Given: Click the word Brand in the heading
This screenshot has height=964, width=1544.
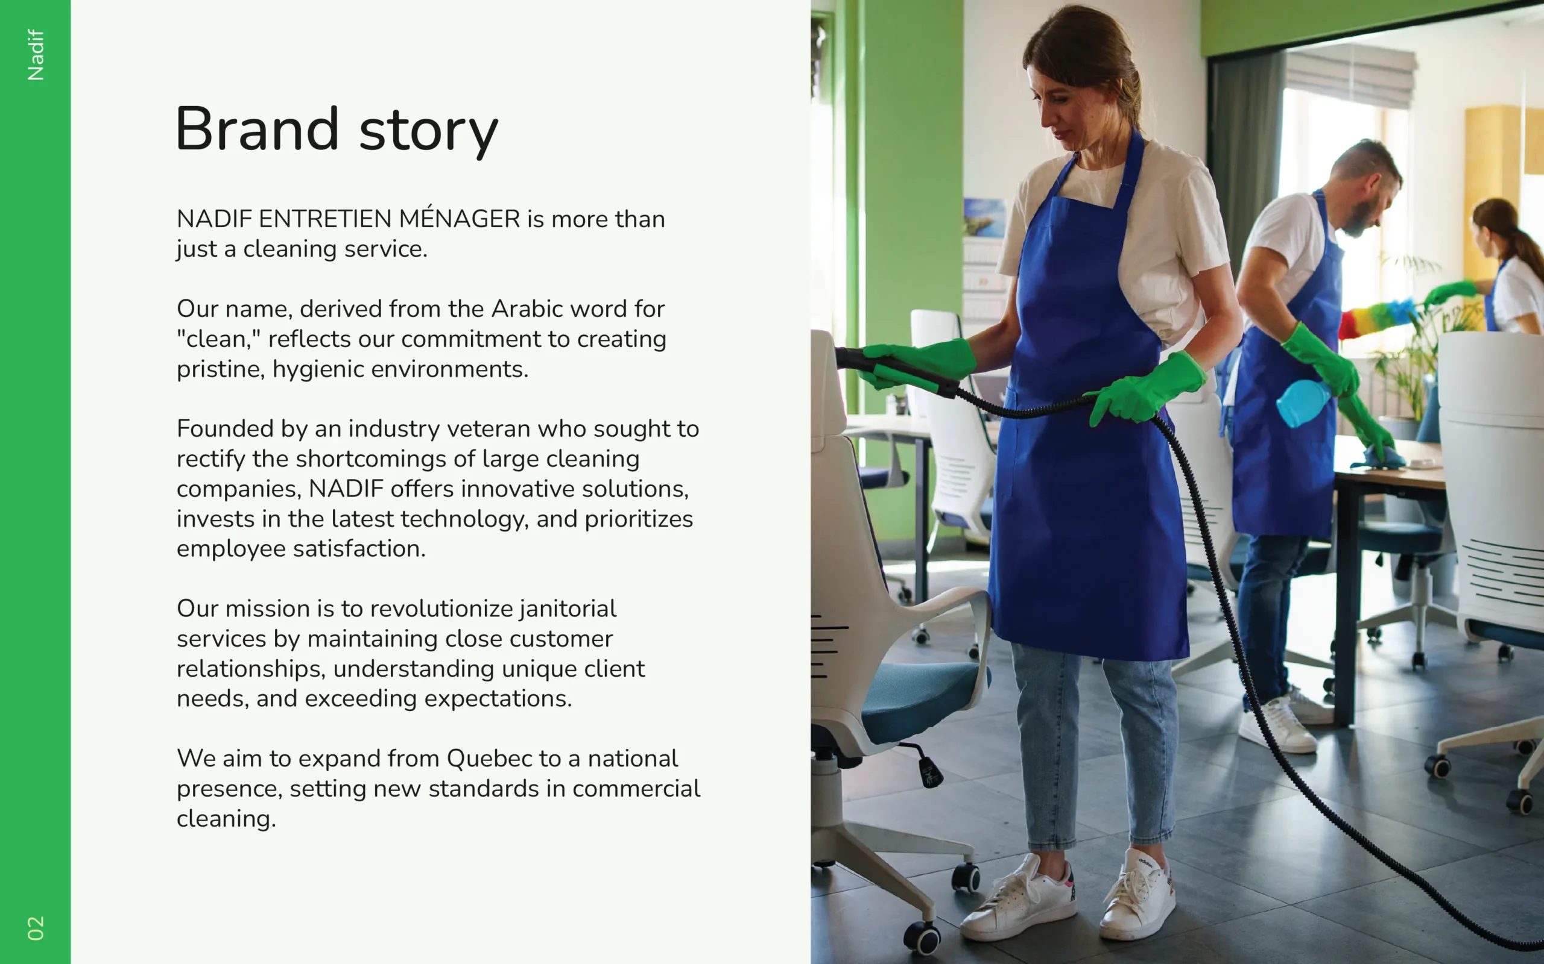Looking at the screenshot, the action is click(x=257, y=129).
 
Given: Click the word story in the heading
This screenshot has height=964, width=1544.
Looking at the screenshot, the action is click(x=428, y=133).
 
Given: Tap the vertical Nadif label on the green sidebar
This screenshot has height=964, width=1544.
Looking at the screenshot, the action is click(x=36, y=55).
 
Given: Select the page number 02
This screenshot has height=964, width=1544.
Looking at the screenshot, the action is click(x=36, y=928).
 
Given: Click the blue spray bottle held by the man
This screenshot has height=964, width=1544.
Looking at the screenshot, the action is click(x=1303, y=403).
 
